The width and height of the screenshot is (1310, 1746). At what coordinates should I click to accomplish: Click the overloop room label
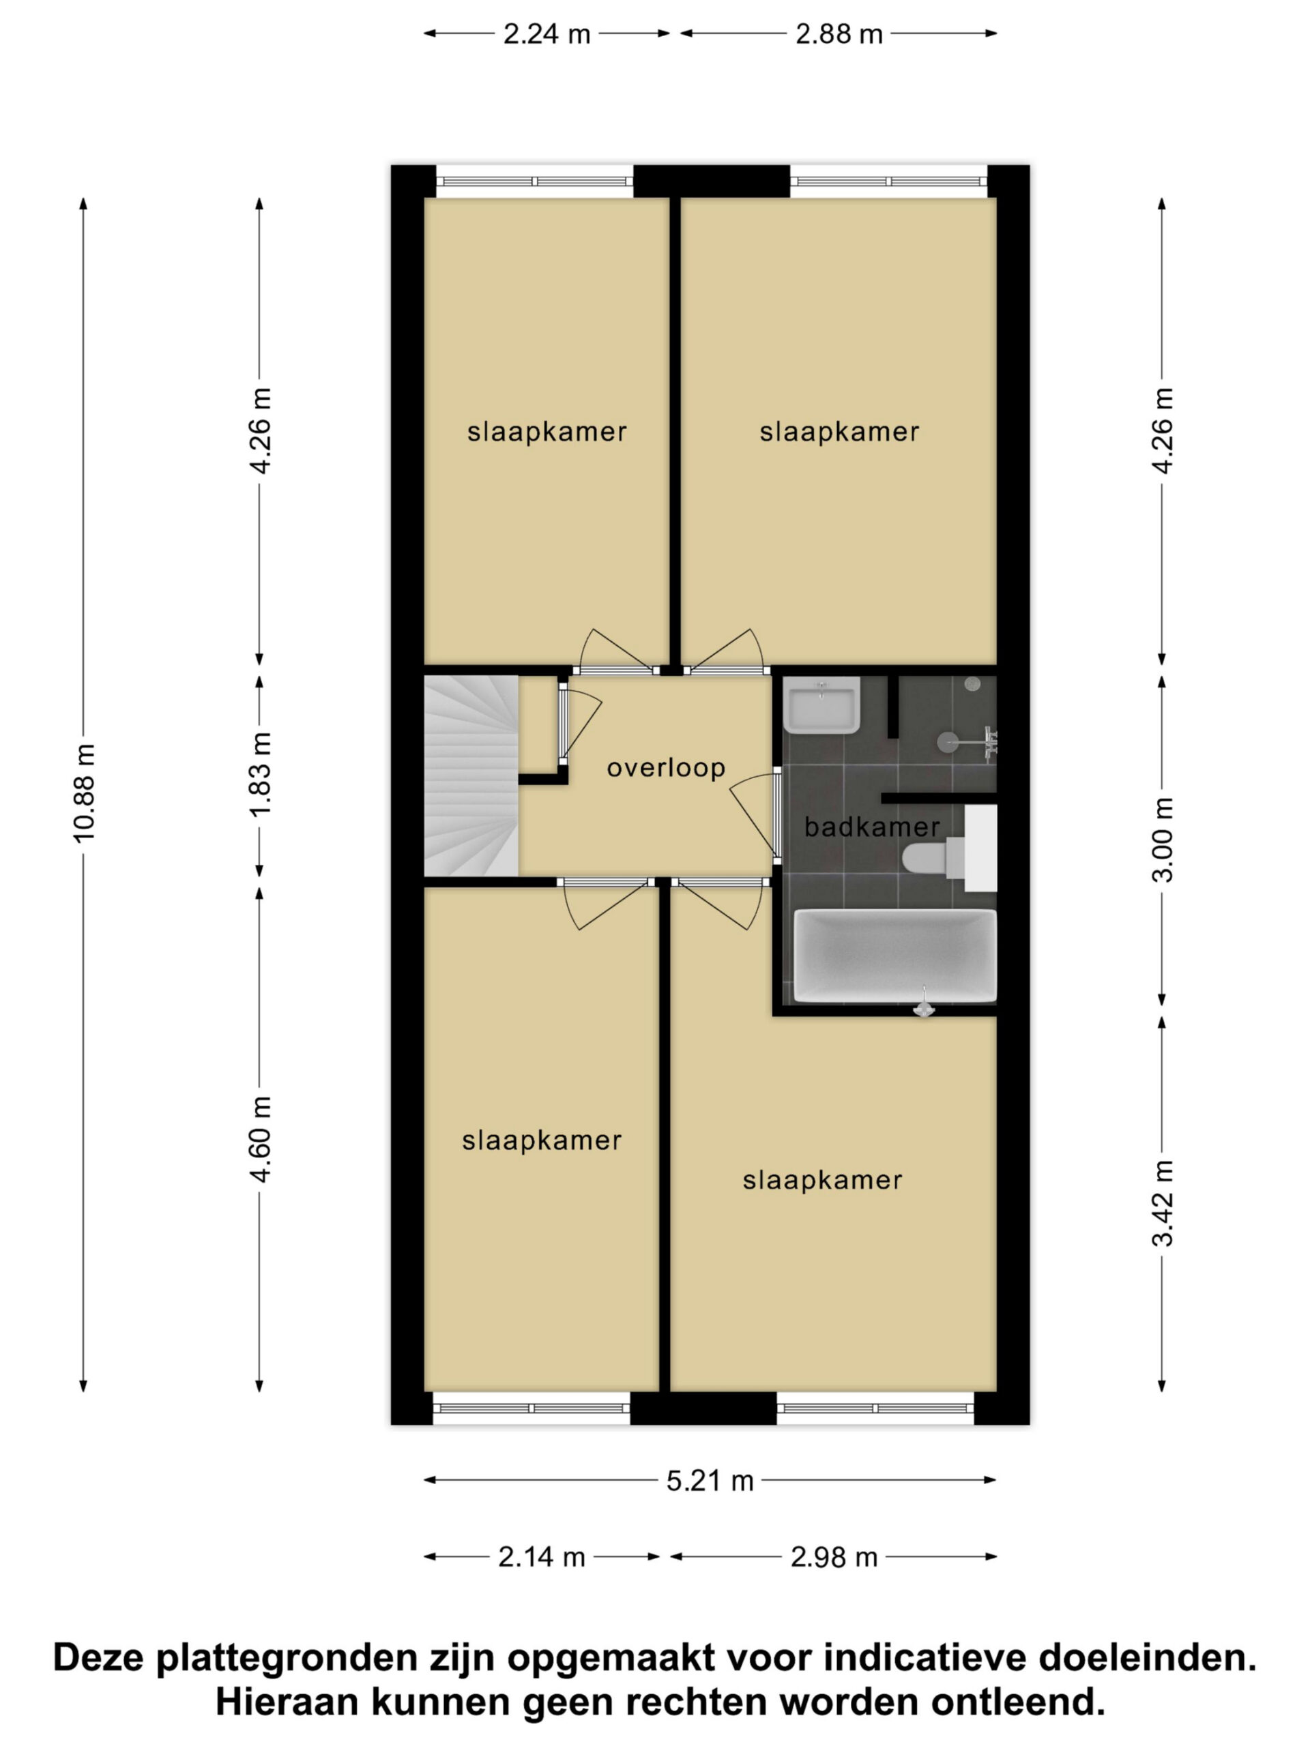coord(666,768)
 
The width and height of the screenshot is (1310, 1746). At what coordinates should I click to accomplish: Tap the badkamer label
coord(872,827)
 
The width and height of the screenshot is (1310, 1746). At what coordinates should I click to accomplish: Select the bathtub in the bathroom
coord(894,956)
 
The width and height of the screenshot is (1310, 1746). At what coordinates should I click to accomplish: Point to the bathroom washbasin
coord(821,705)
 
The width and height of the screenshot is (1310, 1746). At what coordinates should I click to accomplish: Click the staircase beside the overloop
coord(471,776)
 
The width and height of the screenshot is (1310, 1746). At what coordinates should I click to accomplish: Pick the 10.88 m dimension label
coord(84,793)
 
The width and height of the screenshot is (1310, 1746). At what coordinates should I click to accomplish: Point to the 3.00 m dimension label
coord(1163,840)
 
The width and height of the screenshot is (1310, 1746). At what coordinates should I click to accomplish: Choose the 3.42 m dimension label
coord(1163,1204)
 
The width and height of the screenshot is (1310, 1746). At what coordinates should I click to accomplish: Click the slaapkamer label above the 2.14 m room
coord(542,1141)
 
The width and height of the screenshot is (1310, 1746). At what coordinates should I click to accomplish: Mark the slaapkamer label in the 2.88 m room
coord(839,432)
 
